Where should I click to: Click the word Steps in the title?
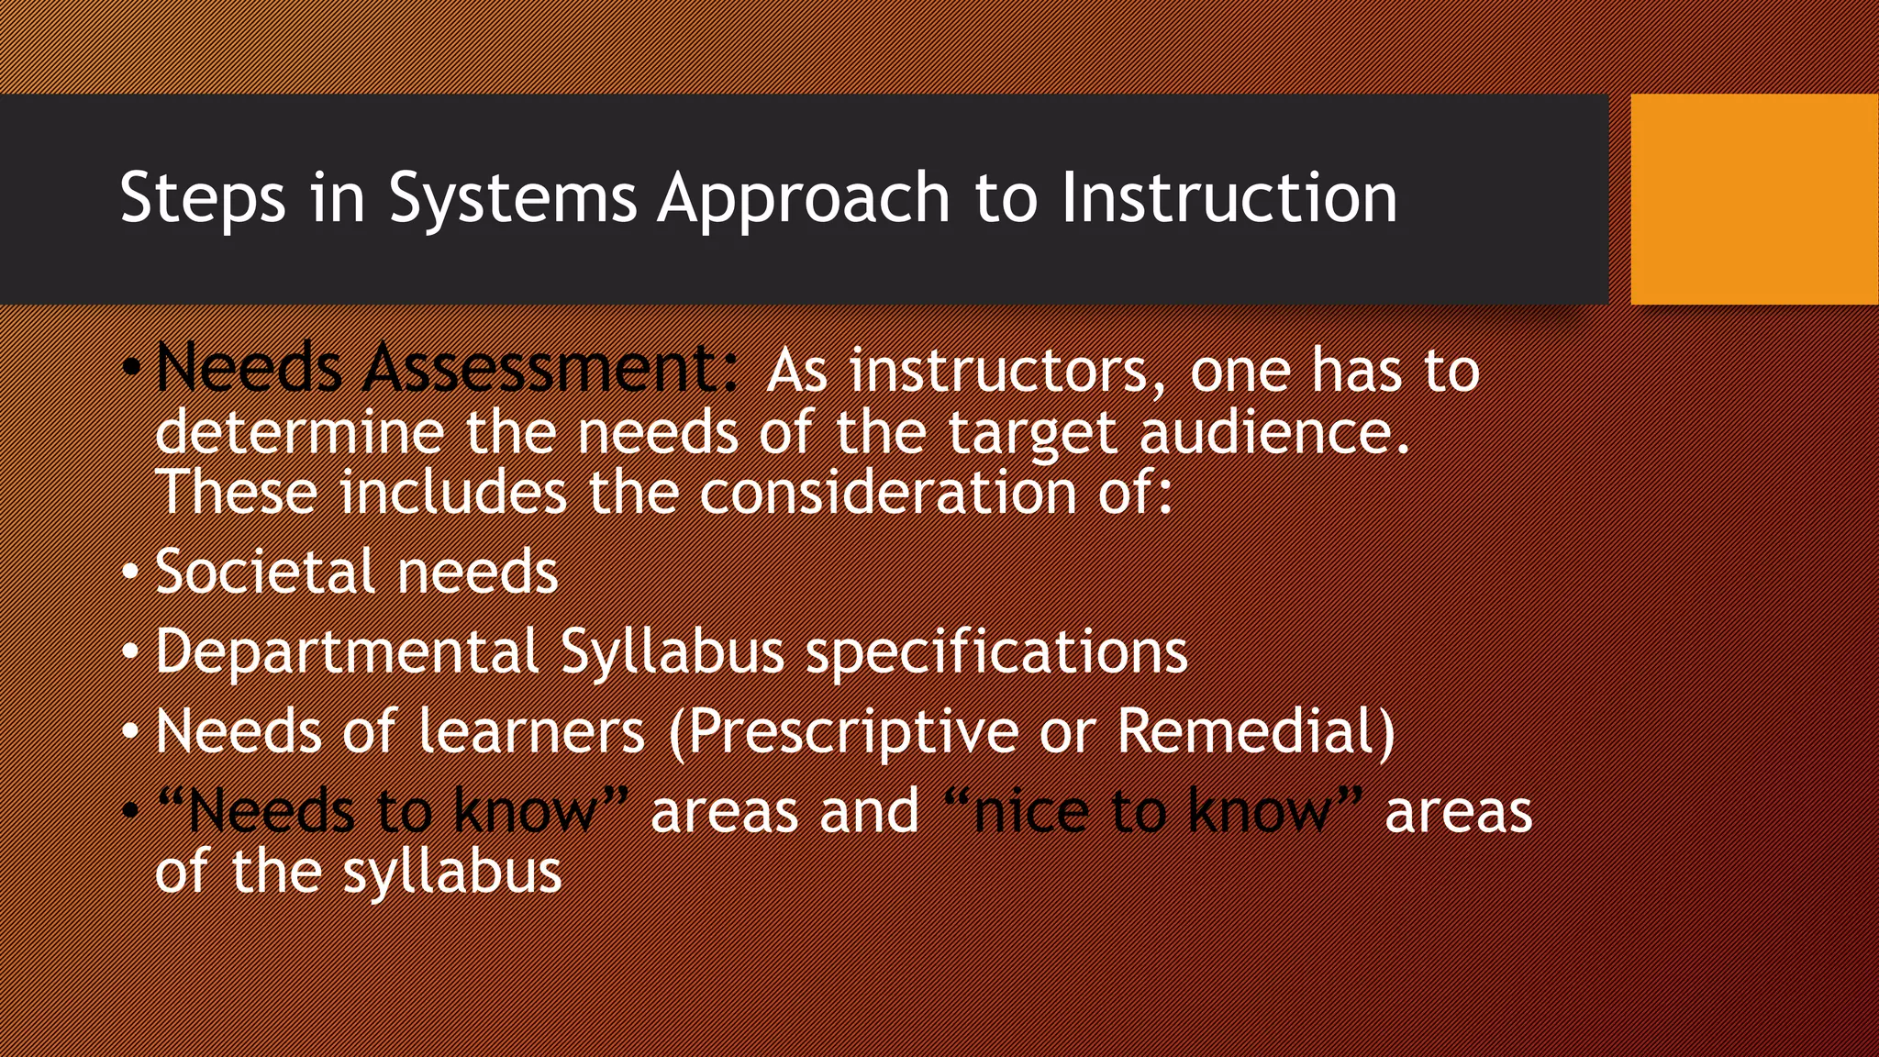click(202, 199)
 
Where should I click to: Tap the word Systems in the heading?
click(512, 199)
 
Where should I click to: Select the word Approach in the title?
click(803, 199)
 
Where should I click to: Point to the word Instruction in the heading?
click(1229, 199)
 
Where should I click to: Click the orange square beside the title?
click(1753, 199)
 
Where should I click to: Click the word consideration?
click(887, 493)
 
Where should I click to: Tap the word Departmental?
click(346, 651)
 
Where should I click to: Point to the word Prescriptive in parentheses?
click(851, 733)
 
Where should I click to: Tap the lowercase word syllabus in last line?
click(451, 873)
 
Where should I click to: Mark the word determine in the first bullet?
click(299, 432)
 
